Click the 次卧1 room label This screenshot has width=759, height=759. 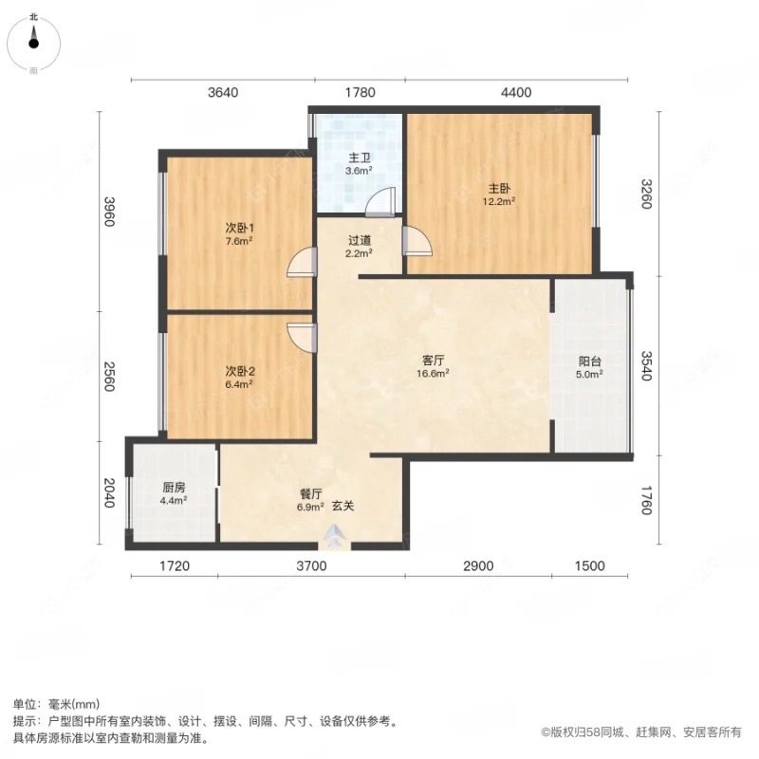coord(239,228)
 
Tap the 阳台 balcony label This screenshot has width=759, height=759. coord(590,361)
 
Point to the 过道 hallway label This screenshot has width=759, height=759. coord(359,241)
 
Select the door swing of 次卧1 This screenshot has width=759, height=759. coord(303,261)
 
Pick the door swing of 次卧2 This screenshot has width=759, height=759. coord(303,337)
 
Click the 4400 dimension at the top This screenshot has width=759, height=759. coord(516,92)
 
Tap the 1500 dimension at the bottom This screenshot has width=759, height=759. coord(588,566)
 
